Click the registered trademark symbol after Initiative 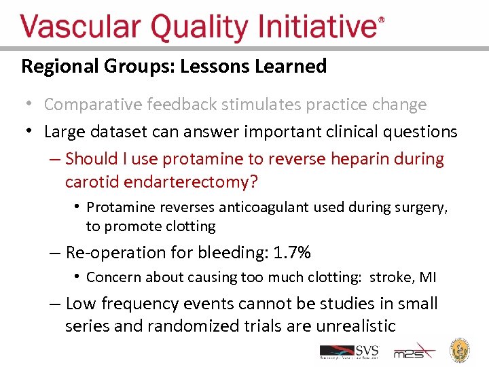(380, 21)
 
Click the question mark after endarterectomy (255, 182)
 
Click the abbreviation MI (429, 277)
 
